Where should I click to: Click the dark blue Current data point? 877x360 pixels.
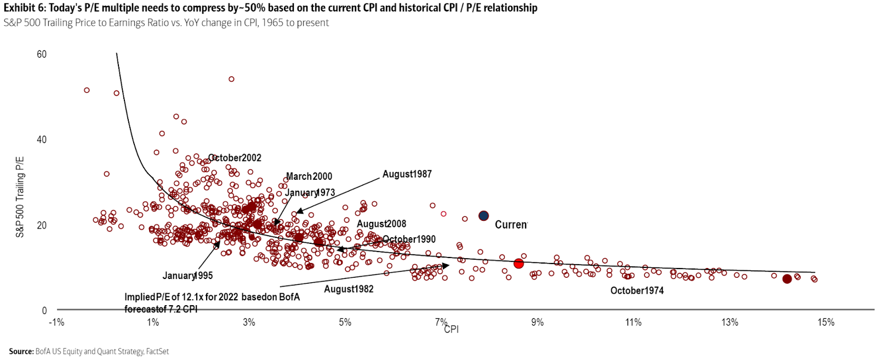click(x=483, y=216)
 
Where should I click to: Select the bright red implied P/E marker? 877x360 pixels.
click(x=519, y=264)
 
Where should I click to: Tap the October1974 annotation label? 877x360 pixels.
click(x=637, y=290)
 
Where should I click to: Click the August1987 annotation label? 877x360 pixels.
click(x=407, y=174)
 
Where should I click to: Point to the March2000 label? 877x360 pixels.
click(x=309, y=176)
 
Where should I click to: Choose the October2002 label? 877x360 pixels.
click(x=235, y=158)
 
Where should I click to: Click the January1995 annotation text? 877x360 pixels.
click(x=187, y=276)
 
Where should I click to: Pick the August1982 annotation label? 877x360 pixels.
click(x=349, y=289)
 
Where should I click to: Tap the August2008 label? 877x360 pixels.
click(x=381, y=224)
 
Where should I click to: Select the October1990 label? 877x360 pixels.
click(x=409, y=239)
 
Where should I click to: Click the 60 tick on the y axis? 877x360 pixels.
click(x=42, y=54)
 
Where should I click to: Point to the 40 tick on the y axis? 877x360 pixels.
click(x=42, y=140)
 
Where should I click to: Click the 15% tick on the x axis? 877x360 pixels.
click(x=825, y=322)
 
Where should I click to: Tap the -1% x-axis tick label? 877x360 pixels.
click(x=56, y=322)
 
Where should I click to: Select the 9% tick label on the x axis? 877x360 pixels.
click(x=537, y=322)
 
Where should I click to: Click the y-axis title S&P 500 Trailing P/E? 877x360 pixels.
click(x=20, y=197)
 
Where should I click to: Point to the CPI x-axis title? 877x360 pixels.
click(x=452, y=329)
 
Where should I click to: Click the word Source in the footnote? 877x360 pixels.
click(x=21, y=351)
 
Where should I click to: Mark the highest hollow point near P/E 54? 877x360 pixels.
click(x=231, y=79)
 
